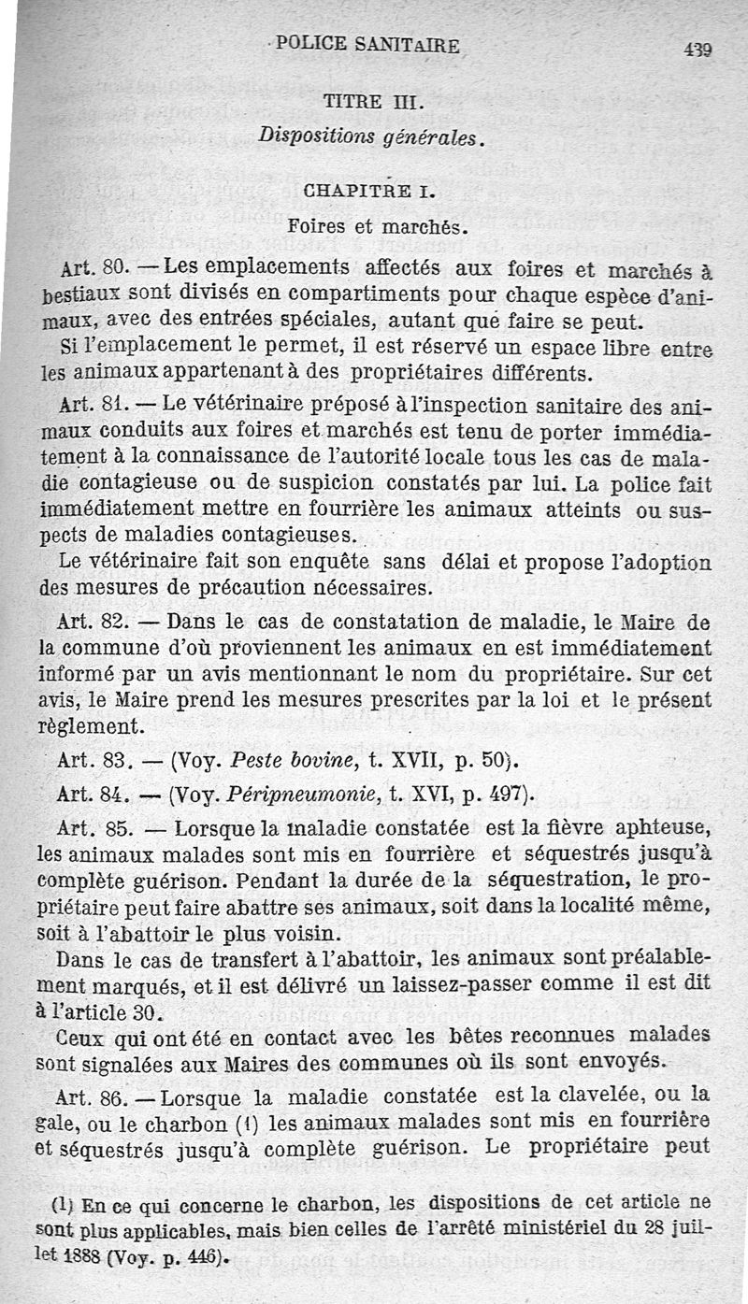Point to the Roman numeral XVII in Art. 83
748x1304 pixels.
(x=400, y=760)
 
